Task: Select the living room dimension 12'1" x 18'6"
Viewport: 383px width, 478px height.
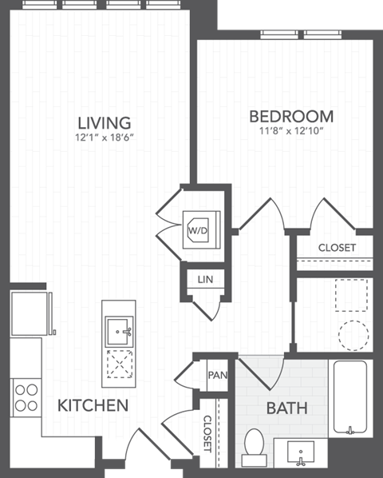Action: pos(104,138)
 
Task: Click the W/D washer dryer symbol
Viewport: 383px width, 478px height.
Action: pos(196,230)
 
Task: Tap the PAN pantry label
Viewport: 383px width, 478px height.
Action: pos(216,375)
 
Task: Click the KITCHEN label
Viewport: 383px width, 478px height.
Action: pos(93,405)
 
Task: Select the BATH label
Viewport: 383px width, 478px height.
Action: pos(286,408)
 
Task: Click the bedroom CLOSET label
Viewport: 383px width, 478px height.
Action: pos(337,248)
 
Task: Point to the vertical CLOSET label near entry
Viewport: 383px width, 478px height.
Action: pos(207,433)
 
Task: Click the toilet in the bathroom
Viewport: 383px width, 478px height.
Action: pos(255,446)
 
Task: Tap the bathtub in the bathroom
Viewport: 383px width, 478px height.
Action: pos(349,397)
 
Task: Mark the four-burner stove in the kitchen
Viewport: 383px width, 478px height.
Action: pos(26,397)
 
